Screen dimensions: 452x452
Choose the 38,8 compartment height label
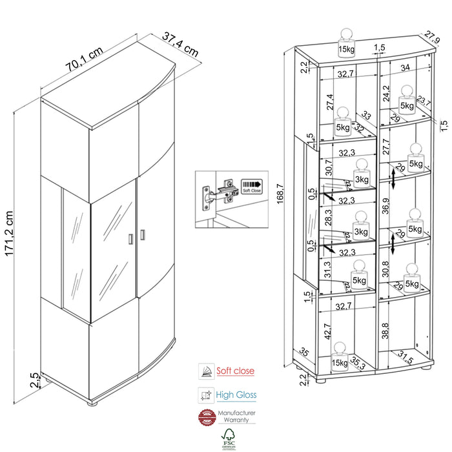point(385,333)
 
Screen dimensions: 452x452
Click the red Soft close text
point(235,371)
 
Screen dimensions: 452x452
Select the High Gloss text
point(236,395)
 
